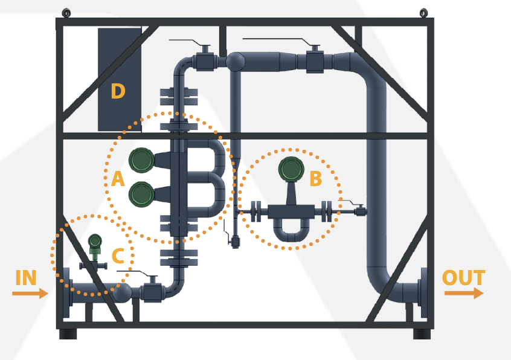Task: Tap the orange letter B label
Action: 315,178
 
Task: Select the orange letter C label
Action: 118,256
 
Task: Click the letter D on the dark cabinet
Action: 118,92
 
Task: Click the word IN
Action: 26,278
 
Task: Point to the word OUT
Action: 463,278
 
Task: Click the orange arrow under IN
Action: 30,294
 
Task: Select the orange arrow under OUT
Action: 464,293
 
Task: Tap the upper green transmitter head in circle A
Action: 141,159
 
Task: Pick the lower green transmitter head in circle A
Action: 141,193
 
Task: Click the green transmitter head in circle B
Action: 291,169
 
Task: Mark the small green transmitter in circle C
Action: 95,243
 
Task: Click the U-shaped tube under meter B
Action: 291,233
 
